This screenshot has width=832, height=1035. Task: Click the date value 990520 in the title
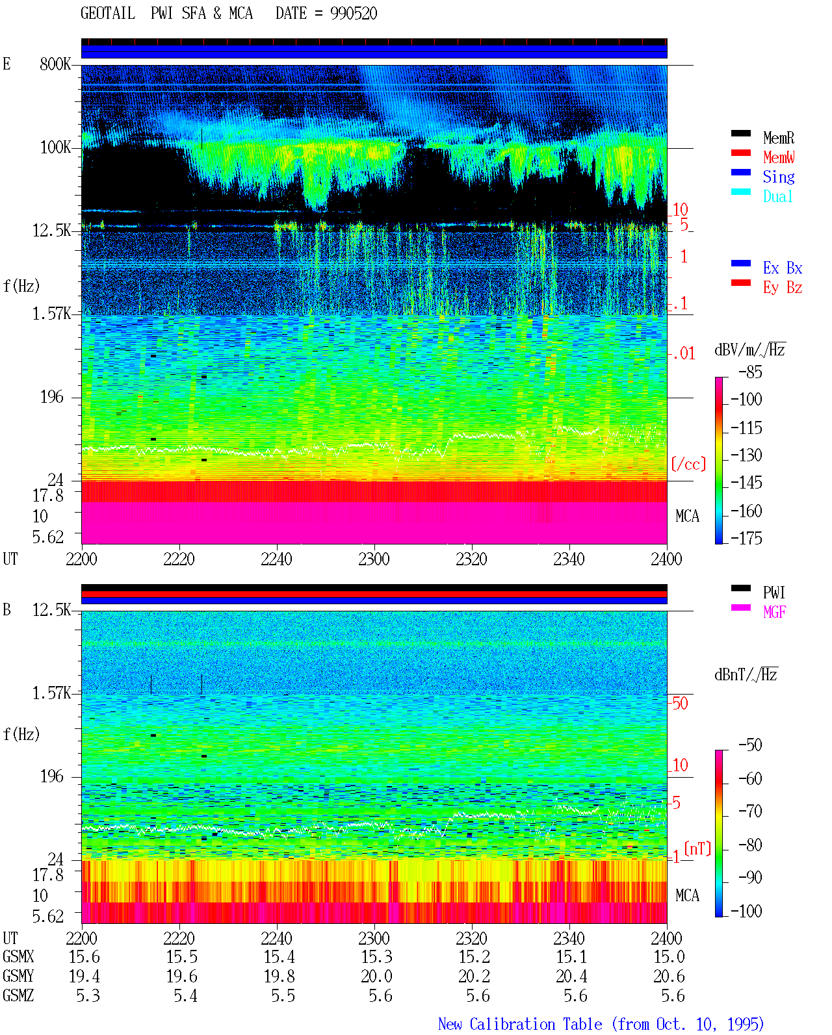pos(354,14)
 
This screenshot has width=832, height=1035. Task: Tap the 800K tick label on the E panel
pos(55,64)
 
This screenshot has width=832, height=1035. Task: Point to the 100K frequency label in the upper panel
pos(55,147)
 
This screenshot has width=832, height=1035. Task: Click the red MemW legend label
pos(779,157)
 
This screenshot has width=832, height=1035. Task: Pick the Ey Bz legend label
pos(783,288)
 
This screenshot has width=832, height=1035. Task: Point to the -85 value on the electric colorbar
pos(750,372)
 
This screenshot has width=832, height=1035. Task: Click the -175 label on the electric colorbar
pos(746,538)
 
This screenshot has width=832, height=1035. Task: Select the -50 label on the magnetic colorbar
pos(750,745)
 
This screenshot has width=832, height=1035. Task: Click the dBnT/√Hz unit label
pos(746,674)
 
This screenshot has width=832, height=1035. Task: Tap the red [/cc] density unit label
pos(688,464)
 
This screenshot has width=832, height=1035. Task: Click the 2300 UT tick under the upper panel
pos(374,559)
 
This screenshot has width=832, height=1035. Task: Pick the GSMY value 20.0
pos(377,976)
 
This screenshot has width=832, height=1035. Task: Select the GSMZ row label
pos(18,995)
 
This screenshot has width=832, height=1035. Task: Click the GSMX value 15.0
pos(669,956)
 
